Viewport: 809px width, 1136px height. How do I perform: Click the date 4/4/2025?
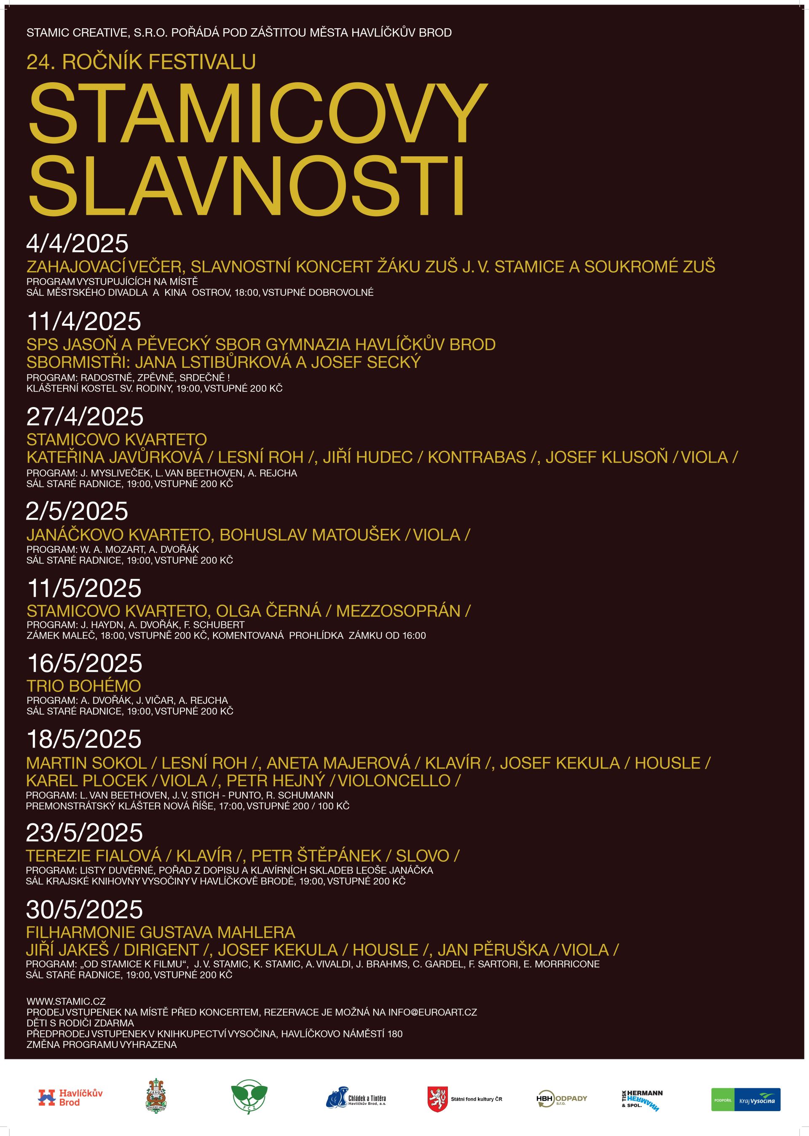(x=77, y=244)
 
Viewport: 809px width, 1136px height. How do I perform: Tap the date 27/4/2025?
(x=85, y=416)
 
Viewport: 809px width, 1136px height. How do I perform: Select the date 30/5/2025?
(x=84, y=909)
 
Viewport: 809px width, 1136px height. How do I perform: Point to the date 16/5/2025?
(x=85, y=663)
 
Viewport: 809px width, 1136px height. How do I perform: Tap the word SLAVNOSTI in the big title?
(x=246, y=186)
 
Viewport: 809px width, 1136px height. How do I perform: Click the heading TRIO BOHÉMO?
(x=84, y=686)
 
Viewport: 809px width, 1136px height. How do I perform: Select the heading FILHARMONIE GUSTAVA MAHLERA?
(x=161, y=932)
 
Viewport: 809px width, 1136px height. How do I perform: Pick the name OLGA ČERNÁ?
(x=268, y=611)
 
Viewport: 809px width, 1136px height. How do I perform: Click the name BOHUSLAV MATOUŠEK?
(x=310, y=535)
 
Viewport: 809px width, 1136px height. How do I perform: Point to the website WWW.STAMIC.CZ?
(x=66, y=1001)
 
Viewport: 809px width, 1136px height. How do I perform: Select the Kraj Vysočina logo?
(x=745, y=1100)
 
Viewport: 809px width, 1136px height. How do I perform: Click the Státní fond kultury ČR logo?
(x=464, y=1098)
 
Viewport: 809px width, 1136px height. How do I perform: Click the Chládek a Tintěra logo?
(x=356, y=1098)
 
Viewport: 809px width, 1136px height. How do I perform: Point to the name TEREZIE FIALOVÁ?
(x=94, y=856)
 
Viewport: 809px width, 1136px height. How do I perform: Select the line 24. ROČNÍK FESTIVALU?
(x=141, y=62)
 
